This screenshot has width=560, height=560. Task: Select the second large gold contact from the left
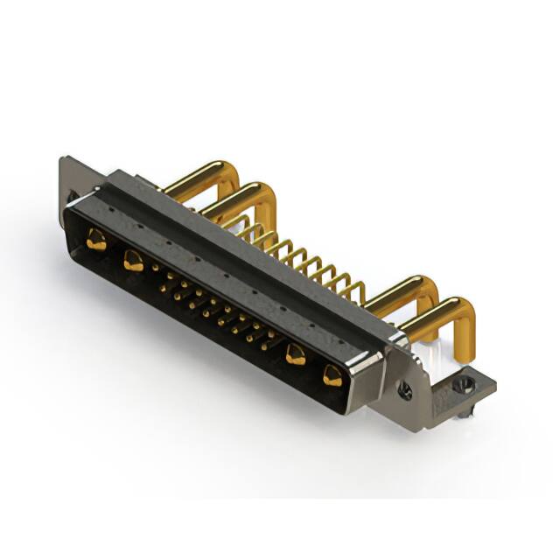point(133,260)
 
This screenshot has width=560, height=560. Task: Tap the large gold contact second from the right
point(296,354)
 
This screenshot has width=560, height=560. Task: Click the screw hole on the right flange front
point(406,391)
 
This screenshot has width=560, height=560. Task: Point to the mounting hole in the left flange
point(73,196)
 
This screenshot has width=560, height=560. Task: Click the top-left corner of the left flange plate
point(63,159)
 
